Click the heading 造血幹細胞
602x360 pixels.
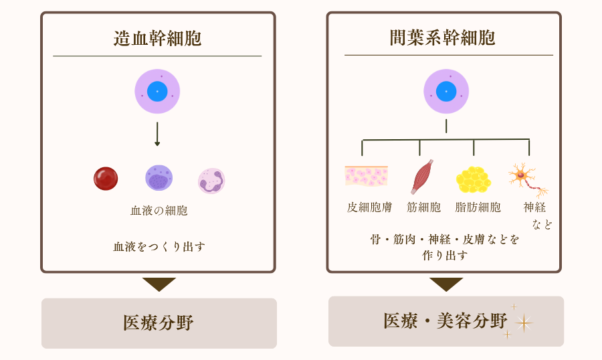coord(157,38)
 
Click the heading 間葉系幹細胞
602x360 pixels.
coord(442,37)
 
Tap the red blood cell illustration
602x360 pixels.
coord(106,179)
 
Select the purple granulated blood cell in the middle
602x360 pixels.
coord(159,178)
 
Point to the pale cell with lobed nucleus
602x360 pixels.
coord(211,181)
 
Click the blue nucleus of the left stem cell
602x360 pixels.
coord(157,91)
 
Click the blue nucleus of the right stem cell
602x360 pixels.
coord(446,91)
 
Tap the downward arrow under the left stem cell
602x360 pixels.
coord(157,134)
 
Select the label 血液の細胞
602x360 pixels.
coord(159,211)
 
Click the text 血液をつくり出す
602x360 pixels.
coord(159,246)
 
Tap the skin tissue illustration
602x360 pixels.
coord(366,176)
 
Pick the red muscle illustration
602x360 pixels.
coord(422,177)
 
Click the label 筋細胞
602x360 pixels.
coord(424,207)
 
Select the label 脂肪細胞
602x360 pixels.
coord(478,207)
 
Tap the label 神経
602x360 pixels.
coord(534,207)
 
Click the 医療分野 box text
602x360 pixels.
coord(159,323)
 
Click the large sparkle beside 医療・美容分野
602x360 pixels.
coord(524,323)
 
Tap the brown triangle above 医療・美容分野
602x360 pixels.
coord(446,284)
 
